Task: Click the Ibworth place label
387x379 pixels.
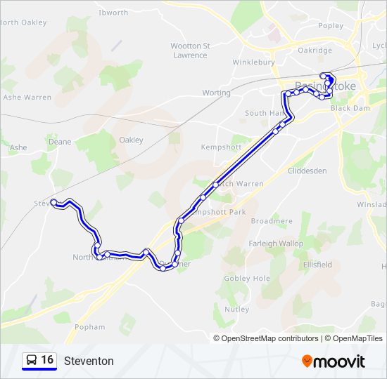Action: (x=113, y=13)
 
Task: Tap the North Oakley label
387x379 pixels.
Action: (x=24, y=22)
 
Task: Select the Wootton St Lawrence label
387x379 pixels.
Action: (x=190, y=51)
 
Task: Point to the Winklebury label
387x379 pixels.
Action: (x=254, y=62)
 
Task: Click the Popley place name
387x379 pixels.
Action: (x=331, y=26)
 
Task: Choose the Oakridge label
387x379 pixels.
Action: (x=315, y=51)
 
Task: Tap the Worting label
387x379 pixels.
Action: (x=216, y=93)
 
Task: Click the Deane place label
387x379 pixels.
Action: (x=60, y=142)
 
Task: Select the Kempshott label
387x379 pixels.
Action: (x=221, y=147)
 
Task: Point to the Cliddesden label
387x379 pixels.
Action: (x=307, y=171)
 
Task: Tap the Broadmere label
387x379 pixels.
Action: (x=272, y=221)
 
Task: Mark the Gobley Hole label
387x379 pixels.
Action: (x=246, y=279)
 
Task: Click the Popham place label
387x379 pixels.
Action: (x=89, y=327)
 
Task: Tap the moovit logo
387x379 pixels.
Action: (x=334, y=361)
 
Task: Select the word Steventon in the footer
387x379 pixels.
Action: (x=89, y=361)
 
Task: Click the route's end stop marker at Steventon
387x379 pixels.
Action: (x=53, y=202)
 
